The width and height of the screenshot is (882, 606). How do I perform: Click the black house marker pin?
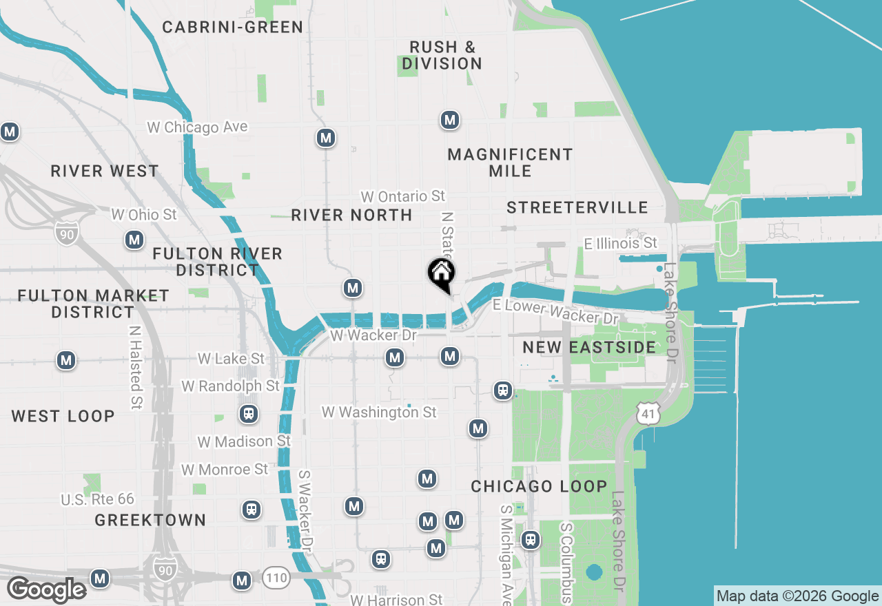tap(441, 273)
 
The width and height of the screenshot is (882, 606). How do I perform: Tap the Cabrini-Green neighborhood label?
tap(233, 28)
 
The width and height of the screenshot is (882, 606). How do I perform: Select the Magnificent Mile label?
tap(510, 163)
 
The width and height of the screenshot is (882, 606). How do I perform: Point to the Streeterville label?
tap(577, 207)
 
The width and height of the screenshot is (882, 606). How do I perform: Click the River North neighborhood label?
tap(351, 215)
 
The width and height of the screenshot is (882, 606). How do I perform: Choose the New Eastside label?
tap(589, 347)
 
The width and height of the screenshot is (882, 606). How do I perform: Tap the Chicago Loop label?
tap(539, 486)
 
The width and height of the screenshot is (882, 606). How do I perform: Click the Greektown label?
tap(150, 520)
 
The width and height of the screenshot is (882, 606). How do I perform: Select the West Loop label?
tap(63, 416)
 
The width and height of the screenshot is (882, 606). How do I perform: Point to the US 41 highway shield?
tap(649, 413)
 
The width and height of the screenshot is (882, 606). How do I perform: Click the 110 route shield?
tap(275, 578)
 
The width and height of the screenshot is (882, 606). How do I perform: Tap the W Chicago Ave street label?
tap(197, 127)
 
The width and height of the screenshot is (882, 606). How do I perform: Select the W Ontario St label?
tap(403, 196)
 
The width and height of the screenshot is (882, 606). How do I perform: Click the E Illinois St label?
tap(620, 243)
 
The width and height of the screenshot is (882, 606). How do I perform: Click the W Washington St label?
tap(379, 412)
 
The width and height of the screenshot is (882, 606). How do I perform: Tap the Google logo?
tap(47, 590)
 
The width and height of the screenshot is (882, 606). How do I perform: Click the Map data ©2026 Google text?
tap(797, 596)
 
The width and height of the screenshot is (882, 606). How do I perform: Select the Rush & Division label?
tap(442, 55)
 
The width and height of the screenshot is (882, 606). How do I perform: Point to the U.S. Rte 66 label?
tap(97, 499)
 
